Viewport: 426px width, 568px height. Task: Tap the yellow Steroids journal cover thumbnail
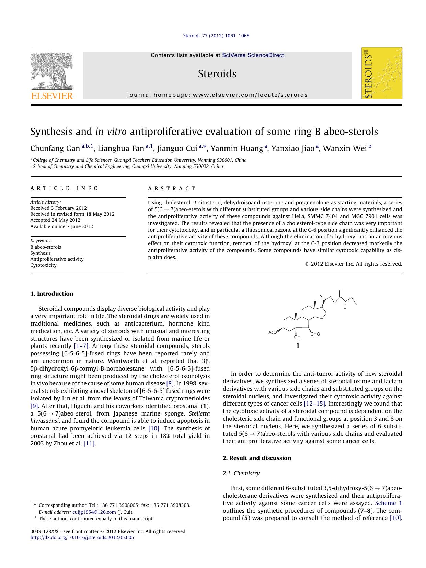tap(382, 73)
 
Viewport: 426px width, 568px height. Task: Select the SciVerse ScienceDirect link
tap(253, 55)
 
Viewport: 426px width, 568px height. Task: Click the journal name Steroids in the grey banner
tap(217, 74)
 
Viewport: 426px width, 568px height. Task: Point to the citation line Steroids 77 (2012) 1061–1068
tap(216, 36)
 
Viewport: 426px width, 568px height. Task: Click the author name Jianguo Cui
tap(177, 148)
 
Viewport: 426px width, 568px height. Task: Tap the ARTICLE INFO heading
tap(65, 188)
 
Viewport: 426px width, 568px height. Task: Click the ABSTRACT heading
tap(172, 188)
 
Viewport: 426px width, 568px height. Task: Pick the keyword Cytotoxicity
tap(44, 265)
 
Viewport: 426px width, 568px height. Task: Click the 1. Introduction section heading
tap(52, 294)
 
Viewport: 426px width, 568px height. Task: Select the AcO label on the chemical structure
tap(273, 332)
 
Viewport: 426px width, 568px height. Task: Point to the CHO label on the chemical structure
tap(315, 334)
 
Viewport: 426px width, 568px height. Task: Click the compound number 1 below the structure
tap(298, 346)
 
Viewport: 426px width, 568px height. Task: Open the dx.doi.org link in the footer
tap(82, 537)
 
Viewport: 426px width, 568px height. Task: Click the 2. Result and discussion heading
tap(257, 458)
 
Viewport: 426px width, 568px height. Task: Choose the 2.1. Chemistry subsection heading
tap(241, 473)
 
